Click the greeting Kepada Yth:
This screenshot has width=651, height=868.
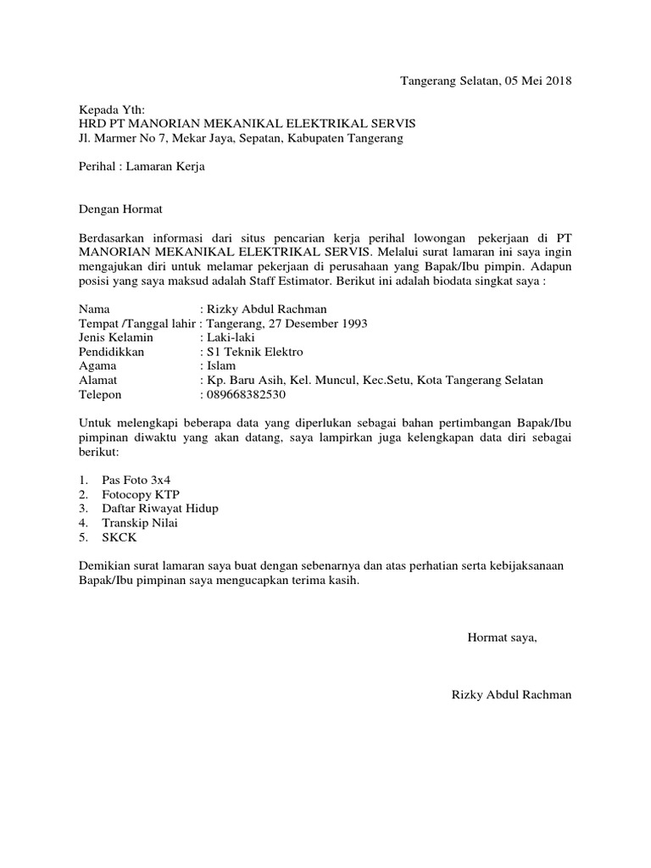(x=112, y=109)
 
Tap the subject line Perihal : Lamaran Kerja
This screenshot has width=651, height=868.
(x=142, y=167)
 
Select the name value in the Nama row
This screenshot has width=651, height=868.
(x=265, y=309)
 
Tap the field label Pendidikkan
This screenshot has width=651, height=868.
(x=112, y=352)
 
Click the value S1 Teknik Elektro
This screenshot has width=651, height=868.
(x=253, y=352)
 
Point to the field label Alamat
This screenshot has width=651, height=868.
(x=98, y=381)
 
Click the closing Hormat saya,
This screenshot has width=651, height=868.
(x=503, y=637)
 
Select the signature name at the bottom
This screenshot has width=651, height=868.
(x=513, y=695)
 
